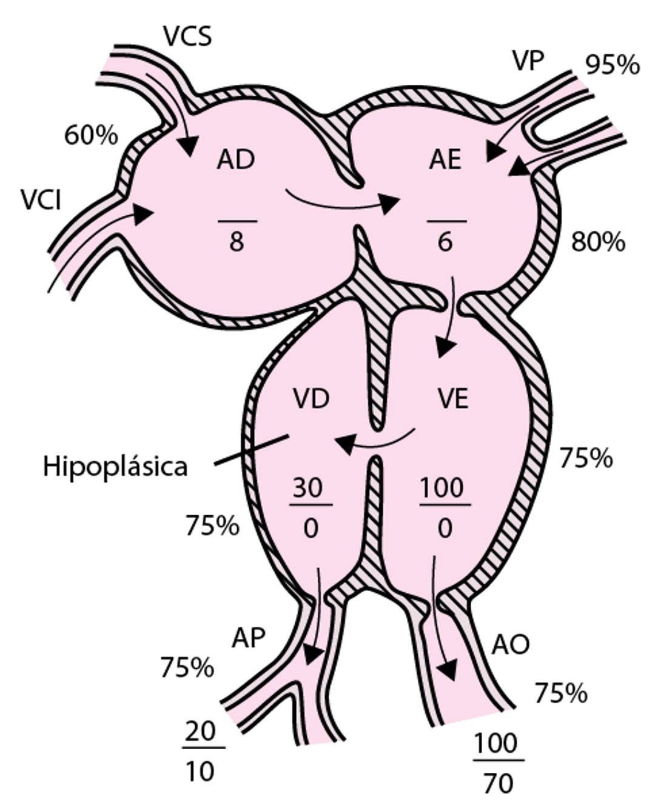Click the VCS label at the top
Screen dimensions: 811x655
(187, 36)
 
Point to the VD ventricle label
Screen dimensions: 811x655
(311, 399)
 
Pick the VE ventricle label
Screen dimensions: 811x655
(453, 399)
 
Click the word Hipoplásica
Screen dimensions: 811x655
(115, 467)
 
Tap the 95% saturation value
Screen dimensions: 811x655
(612, 65)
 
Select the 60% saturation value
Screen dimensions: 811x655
(91, 136)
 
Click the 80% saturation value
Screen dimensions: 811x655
(598, 242)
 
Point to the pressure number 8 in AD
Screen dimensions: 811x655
(237, 242)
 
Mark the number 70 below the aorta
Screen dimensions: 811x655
(498, 783)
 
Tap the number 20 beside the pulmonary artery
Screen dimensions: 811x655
(200, 732)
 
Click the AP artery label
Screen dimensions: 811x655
(249, 638)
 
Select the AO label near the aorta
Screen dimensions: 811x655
(510, 644)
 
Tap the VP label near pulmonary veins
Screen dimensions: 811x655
(528, 61)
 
